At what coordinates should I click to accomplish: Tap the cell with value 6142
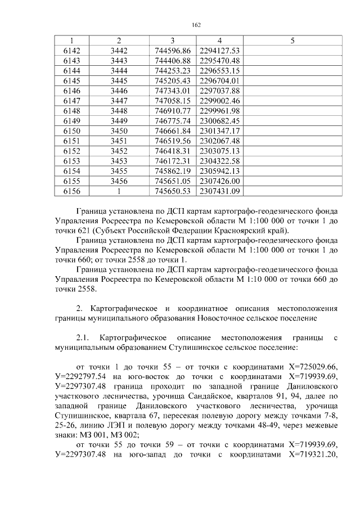71,51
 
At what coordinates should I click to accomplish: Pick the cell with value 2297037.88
220,90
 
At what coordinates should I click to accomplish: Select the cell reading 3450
119,130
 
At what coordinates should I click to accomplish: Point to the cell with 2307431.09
220,191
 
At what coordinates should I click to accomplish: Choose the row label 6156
71,191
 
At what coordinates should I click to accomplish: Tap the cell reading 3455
119,171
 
